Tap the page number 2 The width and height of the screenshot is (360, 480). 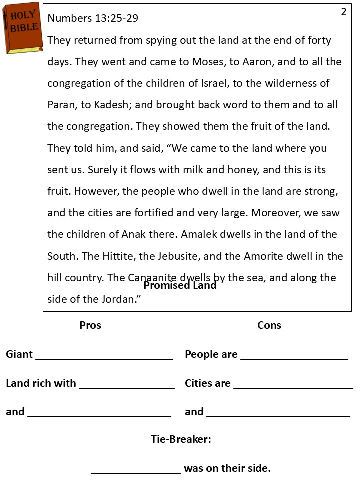[x=344, y=12]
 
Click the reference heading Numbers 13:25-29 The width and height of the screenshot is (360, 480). [x=93, y=18]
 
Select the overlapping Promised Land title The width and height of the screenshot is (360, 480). [x=180, y=285]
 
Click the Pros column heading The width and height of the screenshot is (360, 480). [x=90, y=325]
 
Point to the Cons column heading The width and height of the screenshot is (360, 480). [x=269, y=325]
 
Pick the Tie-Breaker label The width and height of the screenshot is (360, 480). [x=181, y=439]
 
